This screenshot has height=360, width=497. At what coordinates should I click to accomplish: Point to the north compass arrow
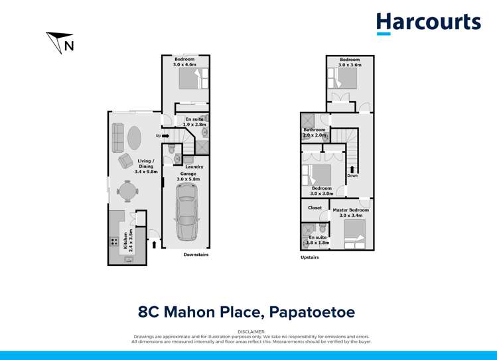point(58,42)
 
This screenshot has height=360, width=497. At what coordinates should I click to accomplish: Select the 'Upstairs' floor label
point(310,257)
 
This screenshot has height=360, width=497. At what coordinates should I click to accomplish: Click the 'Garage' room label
point(188,174)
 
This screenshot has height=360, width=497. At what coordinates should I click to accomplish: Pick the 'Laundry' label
point(194,166)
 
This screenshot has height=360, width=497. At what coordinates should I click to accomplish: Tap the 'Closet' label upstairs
point(315,208)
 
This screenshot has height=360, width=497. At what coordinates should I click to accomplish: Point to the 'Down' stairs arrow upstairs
point(352,172)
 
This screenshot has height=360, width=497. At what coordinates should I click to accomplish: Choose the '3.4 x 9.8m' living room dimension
point(145,171)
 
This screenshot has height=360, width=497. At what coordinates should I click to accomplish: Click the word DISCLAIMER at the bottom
point(250,330)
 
